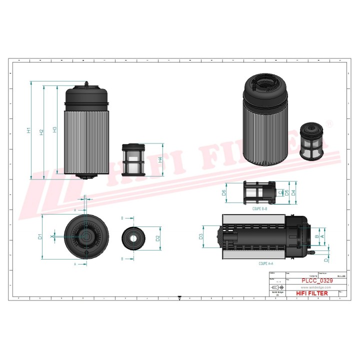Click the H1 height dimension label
29,130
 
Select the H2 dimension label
41,131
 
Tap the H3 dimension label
54,129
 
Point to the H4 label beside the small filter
160,160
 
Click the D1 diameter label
40,236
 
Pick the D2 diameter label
158,237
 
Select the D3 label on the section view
201,236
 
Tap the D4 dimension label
293,192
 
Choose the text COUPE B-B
259,208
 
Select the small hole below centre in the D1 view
86,253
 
